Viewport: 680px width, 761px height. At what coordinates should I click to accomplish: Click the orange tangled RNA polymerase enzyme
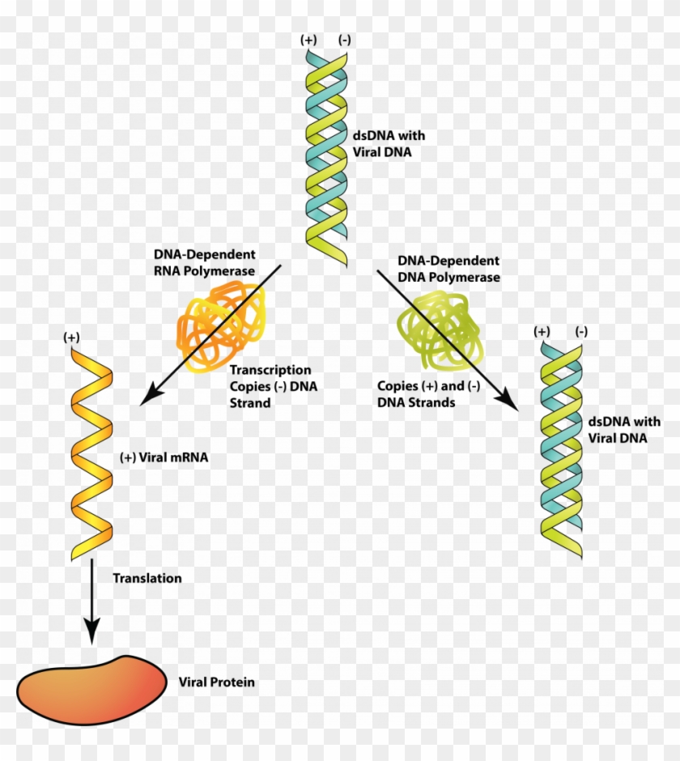coord(220,328)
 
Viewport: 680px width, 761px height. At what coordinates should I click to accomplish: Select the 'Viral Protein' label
coord(216,682)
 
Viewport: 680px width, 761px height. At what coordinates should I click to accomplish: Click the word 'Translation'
coord(147,578)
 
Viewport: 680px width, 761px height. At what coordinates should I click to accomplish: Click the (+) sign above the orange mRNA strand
coord(74,336)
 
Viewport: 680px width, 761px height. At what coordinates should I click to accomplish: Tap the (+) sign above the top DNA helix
coord(308,39)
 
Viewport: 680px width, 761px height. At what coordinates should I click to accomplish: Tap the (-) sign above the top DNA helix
coord(345,39)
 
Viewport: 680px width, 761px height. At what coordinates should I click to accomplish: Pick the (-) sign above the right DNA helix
coord(580,331)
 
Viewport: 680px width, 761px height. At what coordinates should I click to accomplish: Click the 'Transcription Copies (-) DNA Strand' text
coord(274,386)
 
